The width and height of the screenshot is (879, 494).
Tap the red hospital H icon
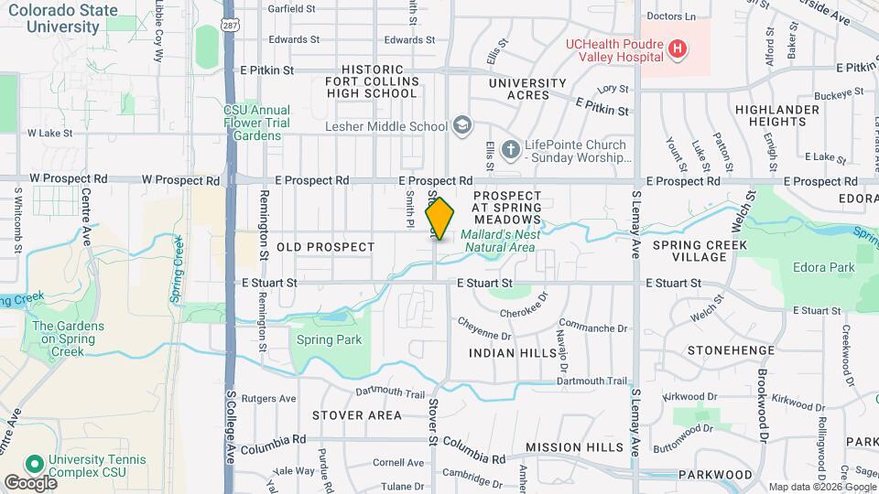tap(677, 48)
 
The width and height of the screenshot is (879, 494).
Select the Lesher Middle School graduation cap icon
tap(463, 125)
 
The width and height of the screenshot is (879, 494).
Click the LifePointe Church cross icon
tap(510, 146)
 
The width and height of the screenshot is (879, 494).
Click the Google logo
tap(29, 482)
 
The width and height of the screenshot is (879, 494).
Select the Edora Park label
tap(824, 267)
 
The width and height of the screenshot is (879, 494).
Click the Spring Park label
tap(330, 340)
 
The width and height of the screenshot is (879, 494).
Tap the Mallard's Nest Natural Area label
tap(500, 241)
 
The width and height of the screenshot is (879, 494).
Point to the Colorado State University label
tap(63, 18)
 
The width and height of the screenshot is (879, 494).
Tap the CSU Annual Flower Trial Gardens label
tap(256, 123)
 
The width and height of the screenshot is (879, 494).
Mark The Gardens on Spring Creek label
tap(69, 338)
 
